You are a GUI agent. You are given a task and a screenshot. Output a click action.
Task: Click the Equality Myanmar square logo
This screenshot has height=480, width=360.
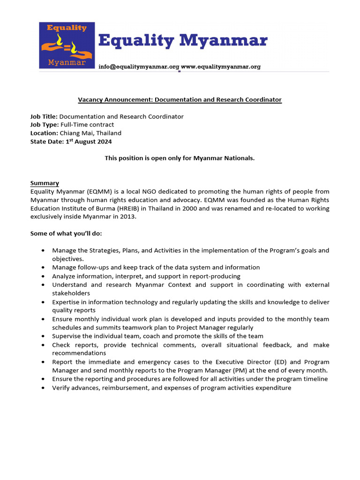point(67,45)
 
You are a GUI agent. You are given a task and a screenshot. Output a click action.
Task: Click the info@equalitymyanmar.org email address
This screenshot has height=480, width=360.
point(139,67)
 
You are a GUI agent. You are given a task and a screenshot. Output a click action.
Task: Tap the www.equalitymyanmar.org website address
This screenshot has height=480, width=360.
point(221,67)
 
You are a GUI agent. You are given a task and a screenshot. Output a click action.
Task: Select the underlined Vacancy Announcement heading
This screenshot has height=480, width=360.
point(180,100)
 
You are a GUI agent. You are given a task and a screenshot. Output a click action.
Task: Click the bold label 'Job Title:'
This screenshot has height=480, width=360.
point(44,116)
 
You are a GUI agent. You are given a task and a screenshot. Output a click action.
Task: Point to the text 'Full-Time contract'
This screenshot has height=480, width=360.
point(87,125)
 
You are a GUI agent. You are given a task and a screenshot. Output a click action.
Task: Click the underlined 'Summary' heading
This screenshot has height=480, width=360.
point(45,183)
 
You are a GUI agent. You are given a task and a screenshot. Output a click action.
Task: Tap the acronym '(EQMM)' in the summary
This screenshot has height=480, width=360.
point(97,191)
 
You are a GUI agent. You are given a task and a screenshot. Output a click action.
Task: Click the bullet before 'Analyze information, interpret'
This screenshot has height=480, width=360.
point(43,277)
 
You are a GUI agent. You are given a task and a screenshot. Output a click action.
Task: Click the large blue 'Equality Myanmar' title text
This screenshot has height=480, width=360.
point(183,41)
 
